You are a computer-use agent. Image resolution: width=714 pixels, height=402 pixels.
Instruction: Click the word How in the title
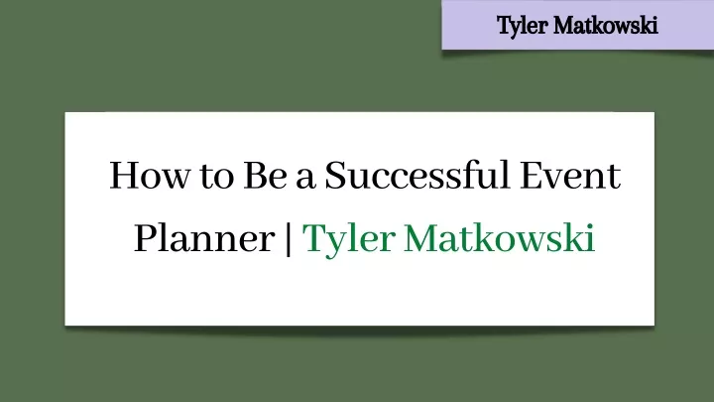pos(149,176)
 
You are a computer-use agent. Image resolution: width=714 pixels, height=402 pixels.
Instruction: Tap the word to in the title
pos(217,177)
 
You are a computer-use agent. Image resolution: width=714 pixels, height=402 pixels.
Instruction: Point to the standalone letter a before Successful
pos(305,179)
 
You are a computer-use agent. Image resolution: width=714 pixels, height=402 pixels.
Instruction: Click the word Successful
pos(416,174)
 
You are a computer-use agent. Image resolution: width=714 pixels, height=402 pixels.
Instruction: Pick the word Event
pos(570,176)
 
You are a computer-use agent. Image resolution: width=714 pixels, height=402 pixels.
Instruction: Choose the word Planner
pos(204,238)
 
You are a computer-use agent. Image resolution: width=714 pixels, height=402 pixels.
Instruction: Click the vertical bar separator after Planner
pos(289,238)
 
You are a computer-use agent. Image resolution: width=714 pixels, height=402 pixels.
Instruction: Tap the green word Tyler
pos(348,239)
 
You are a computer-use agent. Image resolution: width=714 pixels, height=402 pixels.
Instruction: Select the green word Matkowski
pos(500,237)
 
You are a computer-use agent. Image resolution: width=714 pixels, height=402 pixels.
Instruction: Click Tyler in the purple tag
pos(522,26)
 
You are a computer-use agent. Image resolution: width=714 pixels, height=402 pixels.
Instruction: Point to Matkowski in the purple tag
pos(606,25)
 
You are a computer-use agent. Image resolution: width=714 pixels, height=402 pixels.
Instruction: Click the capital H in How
pos(124,176)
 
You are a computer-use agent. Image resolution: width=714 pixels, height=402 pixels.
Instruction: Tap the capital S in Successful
pos(336,176)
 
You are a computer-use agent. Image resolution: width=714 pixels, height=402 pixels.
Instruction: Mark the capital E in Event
pos(533,176)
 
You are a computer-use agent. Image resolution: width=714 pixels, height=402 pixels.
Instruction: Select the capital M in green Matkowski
pos(421,238)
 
